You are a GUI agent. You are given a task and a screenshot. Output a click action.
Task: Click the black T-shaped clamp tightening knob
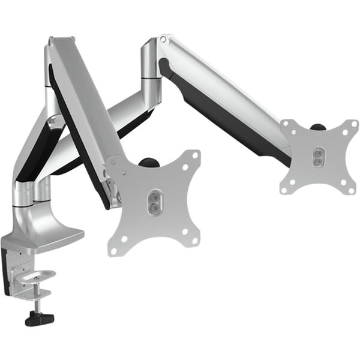[x=39, y=318]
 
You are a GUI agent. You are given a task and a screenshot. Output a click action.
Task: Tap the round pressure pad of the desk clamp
[x=41, y=276]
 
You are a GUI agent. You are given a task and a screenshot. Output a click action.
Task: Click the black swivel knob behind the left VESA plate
[x=146, y=162]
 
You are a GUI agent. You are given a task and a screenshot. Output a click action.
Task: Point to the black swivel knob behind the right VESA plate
[x=318, y=127]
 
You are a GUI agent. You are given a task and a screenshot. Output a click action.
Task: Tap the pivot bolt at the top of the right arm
[x=163, y=40]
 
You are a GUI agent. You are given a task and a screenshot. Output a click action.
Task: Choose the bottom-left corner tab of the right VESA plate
[x=286, y=188]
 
